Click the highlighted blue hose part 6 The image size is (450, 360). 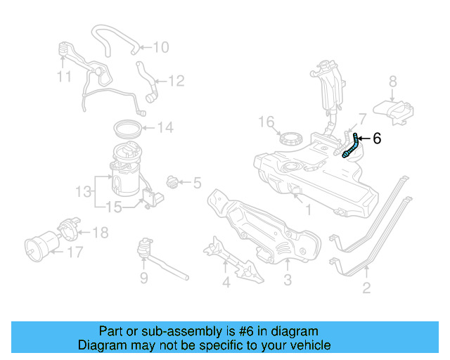[x=352, y=146]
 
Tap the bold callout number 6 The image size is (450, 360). [x=377, y=139]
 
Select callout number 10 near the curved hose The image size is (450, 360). [x=161, y=48]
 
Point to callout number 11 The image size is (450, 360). [x=64, y=75]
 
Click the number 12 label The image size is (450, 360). [x=176, y=82]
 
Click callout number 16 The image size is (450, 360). [x=265, y=122]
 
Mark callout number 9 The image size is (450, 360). [x=143, y=279]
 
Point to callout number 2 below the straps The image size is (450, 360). [x=366, y=287]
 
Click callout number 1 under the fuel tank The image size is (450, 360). [x=307, y=209]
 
